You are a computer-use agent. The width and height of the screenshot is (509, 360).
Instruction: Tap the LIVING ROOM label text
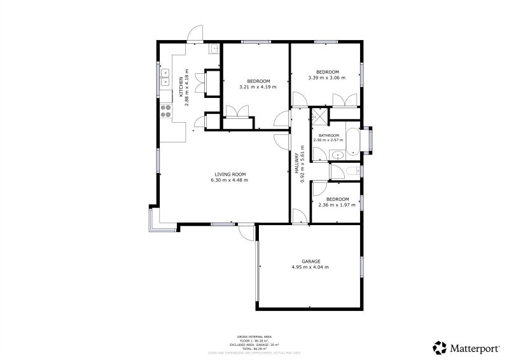tap(229, 174)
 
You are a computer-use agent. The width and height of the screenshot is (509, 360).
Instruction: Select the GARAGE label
tap(310, 261)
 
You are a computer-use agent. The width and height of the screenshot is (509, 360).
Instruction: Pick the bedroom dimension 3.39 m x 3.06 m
tap(327, 78)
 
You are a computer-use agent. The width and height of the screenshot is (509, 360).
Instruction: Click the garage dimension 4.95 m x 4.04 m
tap(310, 267)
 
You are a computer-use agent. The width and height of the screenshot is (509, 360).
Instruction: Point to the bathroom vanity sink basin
tap(337, 154)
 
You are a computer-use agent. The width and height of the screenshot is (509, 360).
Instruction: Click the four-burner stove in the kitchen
tap(166, 112)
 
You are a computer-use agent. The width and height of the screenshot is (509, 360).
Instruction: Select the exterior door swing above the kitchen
tap(195, 33)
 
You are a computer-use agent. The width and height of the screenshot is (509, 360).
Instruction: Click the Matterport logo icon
tap(440, 347)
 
